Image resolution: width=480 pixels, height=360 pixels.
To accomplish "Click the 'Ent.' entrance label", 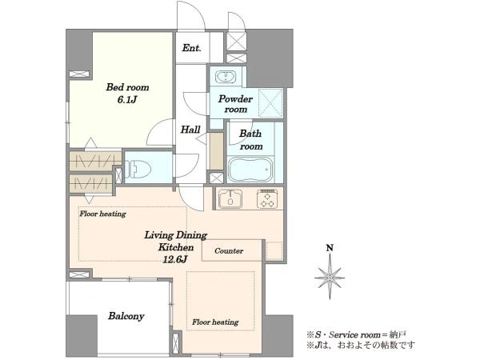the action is click(192, 48).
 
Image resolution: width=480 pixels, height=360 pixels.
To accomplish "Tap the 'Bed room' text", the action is click(128, 87).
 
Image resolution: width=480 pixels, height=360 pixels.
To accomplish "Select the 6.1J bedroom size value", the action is click(126, 100).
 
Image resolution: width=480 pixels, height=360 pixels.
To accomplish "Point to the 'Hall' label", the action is click(190, 130).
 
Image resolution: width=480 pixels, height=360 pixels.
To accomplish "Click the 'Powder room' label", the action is click(235, 104).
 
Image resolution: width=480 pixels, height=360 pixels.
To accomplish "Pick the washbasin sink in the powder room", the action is click(226, 77).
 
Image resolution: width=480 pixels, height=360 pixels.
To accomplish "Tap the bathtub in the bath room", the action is click(251, 170).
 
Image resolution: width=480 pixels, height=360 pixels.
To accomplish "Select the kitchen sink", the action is click(230, 199).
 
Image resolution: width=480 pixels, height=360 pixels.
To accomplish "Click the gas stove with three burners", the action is click(267, 199).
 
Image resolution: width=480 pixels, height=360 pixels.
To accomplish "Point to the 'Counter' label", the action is click(229, 251).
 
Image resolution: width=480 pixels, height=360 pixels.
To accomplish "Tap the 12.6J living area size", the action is click(174, 260).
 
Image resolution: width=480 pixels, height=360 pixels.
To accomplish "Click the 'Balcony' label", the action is click(126, 316).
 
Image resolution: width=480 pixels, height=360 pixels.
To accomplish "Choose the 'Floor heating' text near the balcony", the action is click(215, 322).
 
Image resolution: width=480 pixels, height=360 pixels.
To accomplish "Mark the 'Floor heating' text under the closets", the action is click(103, 214).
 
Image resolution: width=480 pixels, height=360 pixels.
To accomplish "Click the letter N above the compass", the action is click(330, 248).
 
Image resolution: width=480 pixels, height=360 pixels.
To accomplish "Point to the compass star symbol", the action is click(330, 277).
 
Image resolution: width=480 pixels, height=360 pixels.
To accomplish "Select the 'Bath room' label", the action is click(250, 140).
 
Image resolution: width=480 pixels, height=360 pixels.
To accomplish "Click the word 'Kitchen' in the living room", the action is click(176, 247).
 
